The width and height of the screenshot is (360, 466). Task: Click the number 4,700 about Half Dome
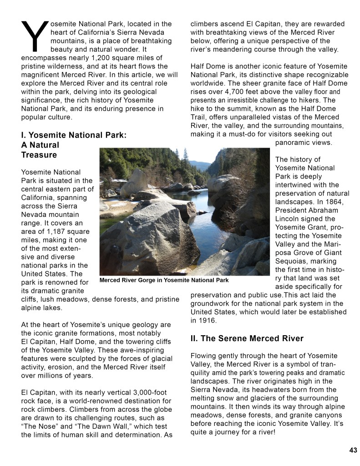(x=237, y=92)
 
